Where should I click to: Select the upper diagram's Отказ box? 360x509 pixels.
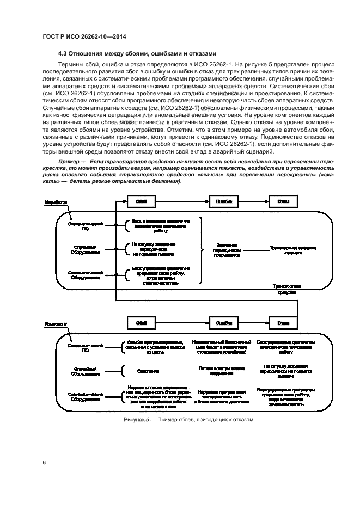(283, 201)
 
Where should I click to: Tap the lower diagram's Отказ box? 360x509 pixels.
(283, 323)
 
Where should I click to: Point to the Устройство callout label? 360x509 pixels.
(56, 202)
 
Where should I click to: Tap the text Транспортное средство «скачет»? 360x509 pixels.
(293, 250)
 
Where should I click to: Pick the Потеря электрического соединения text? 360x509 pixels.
(221, 371)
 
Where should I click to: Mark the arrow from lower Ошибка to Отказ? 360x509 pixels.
(252, 323)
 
